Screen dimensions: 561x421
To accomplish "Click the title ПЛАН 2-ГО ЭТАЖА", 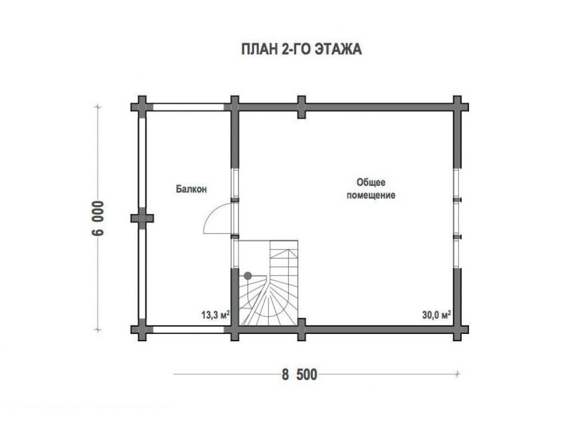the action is click(301, 49).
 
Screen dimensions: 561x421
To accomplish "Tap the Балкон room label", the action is click(191, 189).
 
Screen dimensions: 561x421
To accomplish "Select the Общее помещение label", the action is click(371, 189).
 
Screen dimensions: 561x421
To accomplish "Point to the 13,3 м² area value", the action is click(215, 315).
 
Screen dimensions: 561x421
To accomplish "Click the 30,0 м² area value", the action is click(436, 315).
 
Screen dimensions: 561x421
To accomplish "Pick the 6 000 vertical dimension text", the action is click(98, 218).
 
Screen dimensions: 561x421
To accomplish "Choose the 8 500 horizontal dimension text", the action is click(300, 375).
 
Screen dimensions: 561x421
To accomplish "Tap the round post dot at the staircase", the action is click(247, 276).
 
